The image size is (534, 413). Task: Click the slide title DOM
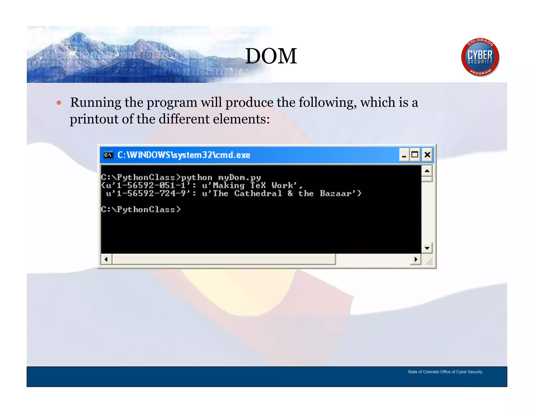coord(271,56)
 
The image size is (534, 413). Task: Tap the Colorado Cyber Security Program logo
coord(480,57)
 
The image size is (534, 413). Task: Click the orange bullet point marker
coord(59,103)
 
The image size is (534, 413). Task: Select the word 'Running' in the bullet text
coord(95,102)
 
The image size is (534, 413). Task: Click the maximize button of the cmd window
coord(415,155)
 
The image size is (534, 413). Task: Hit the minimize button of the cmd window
coord(404,155)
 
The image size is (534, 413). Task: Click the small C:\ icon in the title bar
coord(108,155)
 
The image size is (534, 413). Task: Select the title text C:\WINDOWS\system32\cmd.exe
coord(184,155)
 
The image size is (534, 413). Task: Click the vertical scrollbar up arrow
coord(427,171)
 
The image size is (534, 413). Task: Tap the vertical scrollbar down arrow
coord(427,248)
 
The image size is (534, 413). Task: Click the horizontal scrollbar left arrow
coord(106,259)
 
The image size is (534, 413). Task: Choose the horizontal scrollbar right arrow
coord(416,259)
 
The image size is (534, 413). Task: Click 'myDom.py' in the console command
coord(239,178)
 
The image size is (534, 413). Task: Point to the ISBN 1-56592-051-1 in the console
coord(151,186)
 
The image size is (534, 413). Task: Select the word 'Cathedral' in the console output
coord(258,194)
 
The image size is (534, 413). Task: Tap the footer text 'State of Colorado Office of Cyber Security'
coord(445,372)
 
